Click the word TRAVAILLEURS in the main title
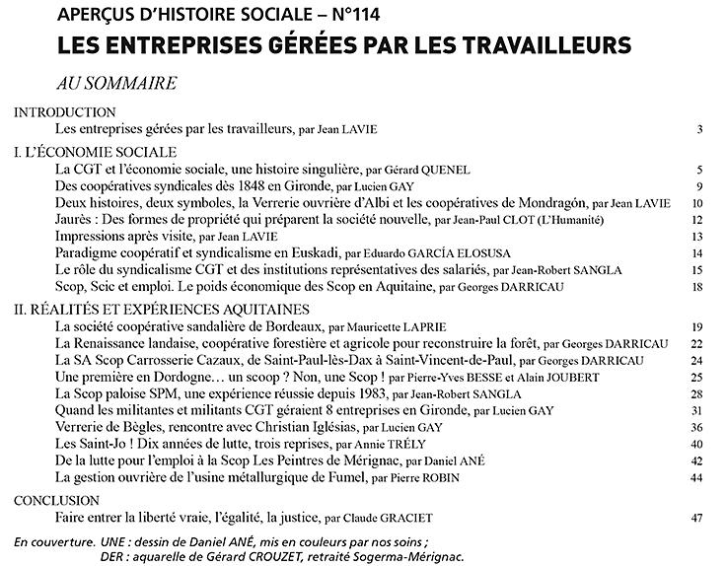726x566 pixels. pos(536,45)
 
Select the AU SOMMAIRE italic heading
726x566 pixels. pos(116,83)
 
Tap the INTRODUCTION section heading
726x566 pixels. pos(64,112)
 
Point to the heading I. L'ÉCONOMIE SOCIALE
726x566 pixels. pos(95,153)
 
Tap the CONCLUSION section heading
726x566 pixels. pos(58,501)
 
